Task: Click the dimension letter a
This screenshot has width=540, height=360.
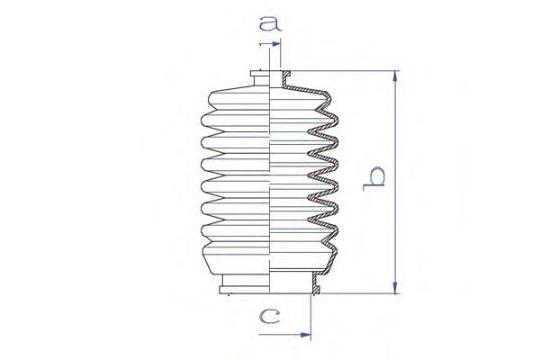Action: (x=271, y=23)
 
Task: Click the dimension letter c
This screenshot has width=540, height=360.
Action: (x=270, y=317)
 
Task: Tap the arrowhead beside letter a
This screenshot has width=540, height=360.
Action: (x=276, y=44)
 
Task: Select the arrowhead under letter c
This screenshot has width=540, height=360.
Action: (x=306, y=335)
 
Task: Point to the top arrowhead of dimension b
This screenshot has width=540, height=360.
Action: (x=395, y=76)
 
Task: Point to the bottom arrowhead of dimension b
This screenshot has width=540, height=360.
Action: (x=395, y=288)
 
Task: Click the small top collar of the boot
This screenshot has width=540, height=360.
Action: (x=260, y=77)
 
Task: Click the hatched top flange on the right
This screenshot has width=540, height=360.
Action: (x=286, y=74)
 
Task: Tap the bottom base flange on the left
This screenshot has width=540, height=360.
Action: (x=244, y=290)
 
